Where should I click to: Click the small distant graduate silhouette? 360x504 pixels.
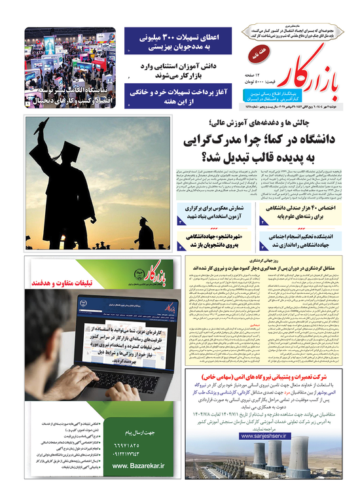[141, 232]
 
